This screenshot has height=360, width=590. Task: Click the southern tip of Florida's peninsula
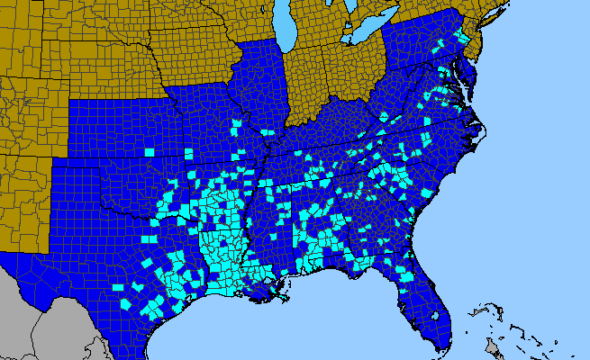coord(441,346)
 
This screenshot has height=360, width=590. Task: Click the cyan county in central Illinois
coord(238,126)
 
